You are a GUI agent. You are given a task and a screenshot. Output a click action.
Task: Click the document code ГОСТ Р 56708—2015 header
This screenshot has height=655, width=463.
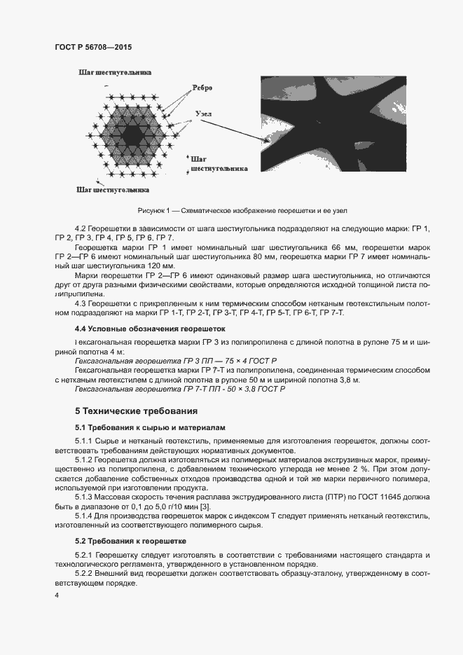(x=93, y=47)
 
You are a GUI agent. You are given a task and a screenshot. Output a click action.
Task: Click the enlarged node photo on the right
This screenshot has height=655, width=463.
(x=333, y=123)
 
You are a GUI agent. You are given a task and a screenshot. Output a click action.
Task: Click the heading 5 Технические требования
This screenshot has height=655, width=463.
(x=136, y=411)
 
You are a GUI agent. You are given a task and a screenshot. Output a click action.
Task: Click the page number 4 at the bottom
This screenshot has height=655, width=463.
(x=57, y=595)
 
